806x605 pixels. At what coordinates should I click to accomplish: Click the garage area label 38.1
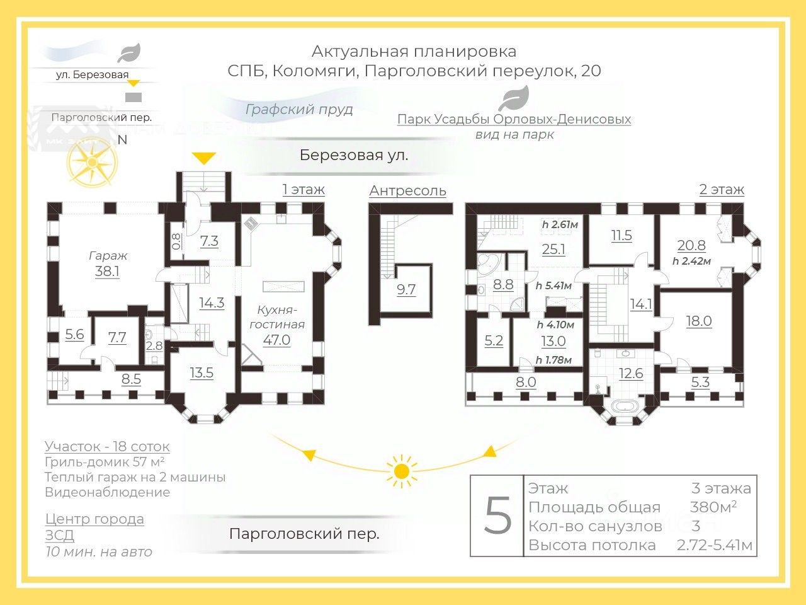point(107,272)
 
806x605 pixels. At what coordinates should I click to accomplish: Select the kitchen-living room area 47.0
point(276,340)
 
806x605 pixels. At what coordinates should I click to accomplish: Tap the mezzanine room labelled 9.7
point(406,290)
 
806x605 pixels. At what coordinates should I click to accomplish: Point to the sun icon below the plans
point(402,471)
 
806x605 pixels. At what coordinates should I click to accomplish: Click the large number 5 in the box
point(497,516)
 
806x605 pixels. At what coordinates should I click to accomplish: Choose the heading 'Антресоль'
point(407,190)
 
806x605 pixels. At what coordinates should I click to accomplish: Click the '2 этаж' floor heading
point(722,189)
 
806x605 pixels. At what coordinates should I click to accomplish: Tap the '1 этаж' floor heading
point(304,189)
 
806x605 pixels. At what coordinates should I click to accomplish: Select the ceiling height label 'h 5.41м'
point(553,286)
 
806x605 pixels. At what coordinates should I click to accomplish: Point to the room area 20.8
point(691,246)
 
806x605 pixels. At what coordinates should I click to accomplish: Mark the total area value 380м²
point(713,507)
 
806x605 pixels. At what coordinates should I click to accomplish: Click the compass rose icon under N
point(93,163)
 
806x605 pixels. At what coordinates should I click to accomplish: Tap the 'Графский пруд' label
point(299,109)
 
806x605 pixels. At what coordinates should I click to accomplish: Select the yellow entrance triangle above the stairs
point(203,158)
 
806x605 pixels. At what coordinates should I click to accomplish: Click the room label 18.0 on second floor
point(698,321)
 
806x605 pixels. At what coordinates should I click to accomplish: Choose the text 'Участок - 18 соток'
point(107,447)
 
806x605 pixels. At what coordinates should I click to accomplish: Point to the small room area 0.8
point(176,241)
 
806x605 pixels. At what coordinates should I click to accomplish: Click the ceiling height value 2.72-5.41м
point(715,545)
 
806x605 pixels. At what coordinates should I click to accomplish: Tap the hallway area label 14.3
point(212,302)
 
